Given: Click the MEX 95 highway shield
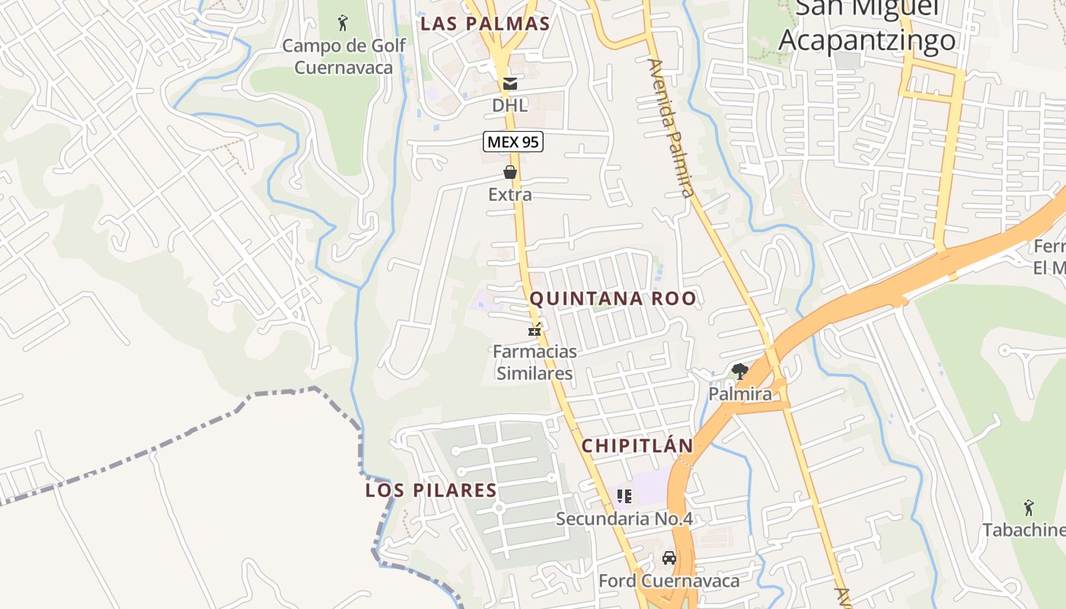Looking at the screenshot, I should pos(512,142).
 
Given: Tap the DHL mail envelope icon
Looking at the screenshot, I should pos(509,84).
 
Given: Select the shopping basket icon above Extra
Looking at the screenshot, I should pos(510,173).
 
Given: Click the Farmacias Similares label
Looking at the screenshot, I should pos(535,362).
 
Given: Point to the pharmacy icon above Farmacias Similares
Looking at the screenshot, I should pos(535,330).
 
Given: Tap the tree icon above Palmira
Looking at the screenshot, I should pos(739,371).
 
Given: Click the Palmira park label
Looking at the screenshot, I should pos(739,394).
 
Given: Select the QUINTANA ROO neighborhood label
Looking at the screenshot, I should pos(613,298).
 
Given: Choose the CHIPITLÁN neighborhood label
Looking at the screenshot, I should pos(637,446).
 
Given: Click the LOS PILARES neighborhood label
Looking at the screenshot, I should pos(431,490).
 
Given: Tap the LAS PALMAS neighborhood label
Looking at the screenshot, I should pos(485,24).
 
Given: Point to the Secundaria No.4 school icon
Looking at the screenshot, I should pos(624,496).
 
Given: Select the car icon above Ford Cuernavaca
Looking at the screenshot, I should pos(669,558).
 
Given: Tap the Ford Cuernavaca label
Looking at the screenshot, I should pos(669,581).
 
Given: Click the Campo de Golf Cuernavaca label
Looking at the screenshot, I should pos(343,56).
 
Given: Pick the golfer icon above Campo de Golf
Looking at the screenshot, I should pos(343,22).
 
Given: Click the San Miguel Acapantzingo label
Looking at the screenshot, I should pos(867,27).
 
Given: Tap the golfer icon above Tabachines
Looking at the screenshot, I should pos(1029,507).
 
